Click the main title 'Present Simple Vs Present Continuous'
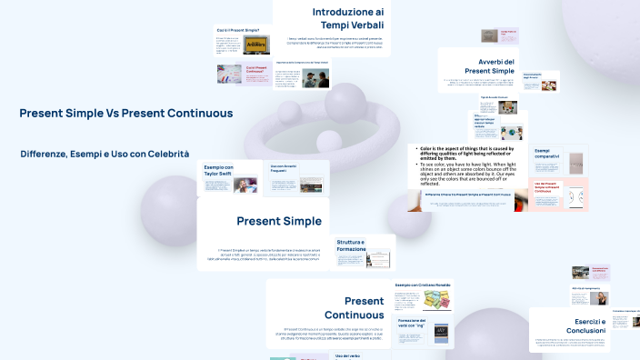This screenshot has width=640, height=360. coord(125,113)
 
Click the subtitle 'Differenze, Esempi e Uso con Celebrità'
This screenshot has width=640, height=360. coord(105,154)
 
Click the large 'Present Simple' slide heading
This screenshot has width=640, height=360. coord(278,221)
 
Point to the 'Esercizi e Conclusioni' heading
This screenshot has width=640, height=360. coord(590,325)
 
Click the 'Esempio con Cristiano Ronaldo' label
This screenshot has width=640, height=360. coord(423,285)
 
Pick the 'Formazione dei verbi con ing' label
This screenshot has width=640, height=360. coord(412,324)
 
